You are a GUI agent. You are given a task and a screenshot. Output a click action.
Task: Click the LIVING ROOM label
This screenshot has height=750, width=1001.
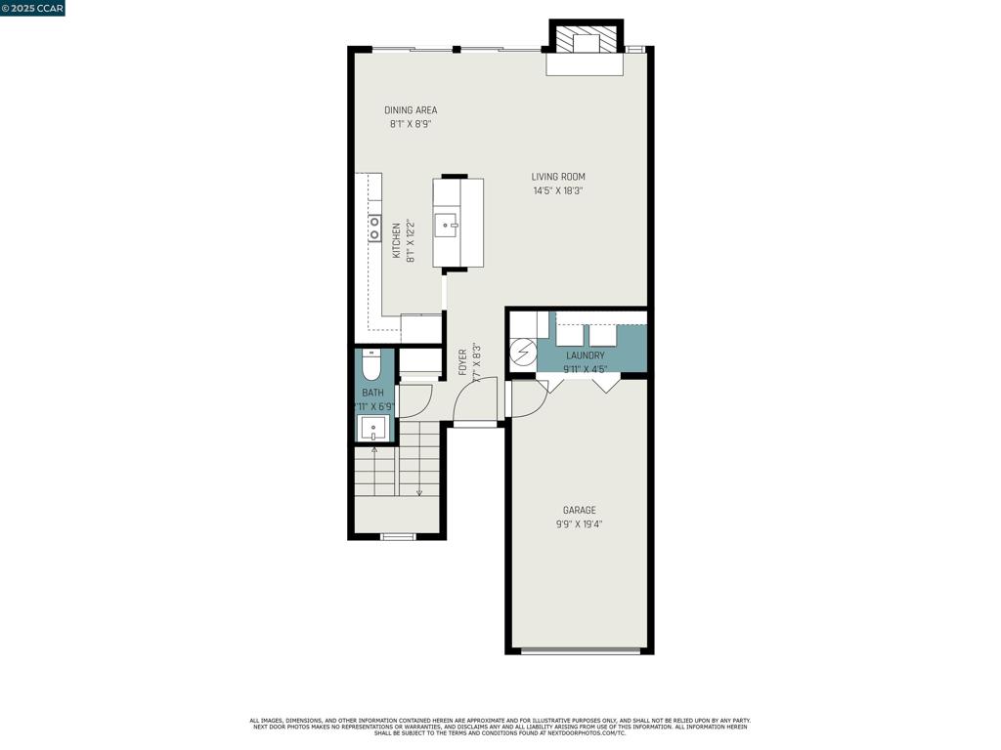(x=558, y=177)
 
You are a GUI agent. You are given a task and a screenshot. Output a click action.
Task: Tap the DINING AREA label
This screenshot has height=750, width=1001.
(x=411, y=110)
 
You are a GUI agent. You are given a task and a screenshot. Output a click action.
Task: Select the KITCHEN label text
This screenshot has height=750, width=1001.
(x=397, y=240)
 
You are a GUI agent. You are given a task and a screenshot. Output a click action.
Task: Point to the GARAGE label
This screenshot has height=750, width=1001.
(x=579, y=510)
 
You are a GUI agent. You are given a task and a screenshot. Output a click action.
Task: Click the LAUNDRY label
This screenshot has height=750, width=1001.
(x=585, y=355)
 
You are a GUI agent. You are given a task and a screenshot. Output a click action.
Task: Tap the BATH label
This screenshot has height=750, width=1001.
(x=372, y=393)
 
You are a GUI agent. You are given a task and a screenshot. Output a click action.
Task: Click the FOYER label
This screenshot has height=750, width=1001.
(x=463, y=362)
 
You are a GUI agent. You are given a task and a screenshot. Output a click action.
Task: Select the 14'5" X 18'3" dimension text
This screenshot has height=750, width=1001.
(x=558, y=191)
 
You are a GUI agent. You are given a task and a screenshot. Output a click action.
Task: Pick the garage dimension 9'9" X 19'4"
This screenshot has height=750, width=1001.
(x=579, y=524)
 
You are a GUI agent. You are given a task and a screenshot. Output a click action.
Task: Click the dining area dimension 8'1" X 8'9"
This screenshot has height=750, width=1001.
(x=411, y=125)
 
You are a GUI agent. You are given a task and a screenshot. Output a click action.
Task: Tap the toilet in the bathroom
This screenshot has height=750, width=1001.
(x=371, y=366)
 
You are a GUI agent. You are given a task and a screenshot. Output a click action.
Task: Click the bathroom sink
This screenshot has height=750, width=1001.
(x=373, y=428)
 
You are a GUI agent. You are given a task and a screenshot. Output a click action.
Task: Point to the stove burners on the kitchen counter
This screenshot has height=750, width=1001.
(x=374, y=229)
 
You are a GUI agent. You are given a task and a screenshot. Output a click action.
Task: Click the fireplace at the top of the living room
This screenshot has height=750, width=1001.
(x=585, y=44)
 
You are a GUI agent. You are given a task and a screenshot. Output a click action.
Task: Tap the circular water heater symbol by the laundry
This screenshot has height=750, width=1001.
(x=523, y=350)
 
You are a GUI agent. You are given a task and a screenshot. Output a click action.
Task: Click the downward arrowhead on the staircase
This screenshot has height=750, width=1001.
(x=419, y=492)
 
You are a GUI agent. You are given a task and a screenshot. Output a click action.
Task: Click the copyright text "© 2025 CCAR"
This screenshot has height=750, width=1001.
(x=33, y=8)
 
